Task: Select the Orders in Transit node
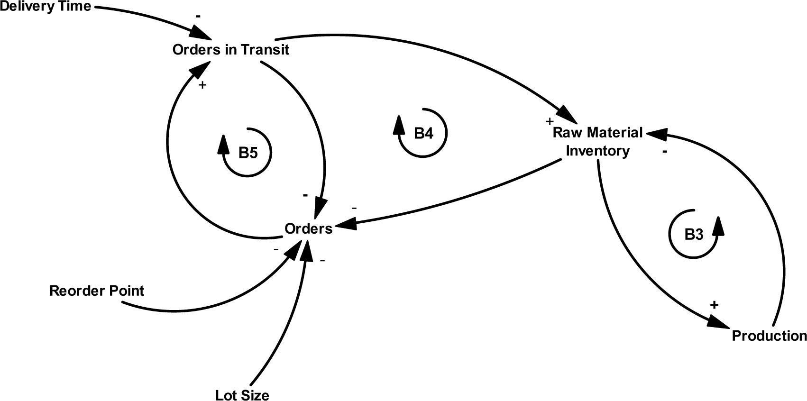pos(230,50)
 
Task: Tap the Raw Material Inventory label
pos(597,141)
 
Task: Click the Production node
pos(769,336)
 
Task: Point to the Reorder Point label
pos(97,291)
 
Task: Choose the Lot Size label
pos(242,395)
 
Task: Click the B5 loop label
pos(248,153)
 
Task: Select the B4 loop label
pos(423,133)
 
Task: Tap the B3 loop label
pos(694,234)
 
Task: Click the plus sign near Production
pos(714,305)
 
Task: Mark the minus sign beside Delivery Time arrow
pos(198,16)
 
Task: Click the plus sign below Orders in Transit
pos(202,85)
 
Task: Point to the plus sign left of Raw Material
pos(550,121)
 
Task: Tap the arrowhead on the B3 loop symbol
pos(719,225)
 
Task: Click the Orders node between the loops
pos(308,228)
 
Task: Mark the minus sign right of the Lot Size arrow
pos(322,260)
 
